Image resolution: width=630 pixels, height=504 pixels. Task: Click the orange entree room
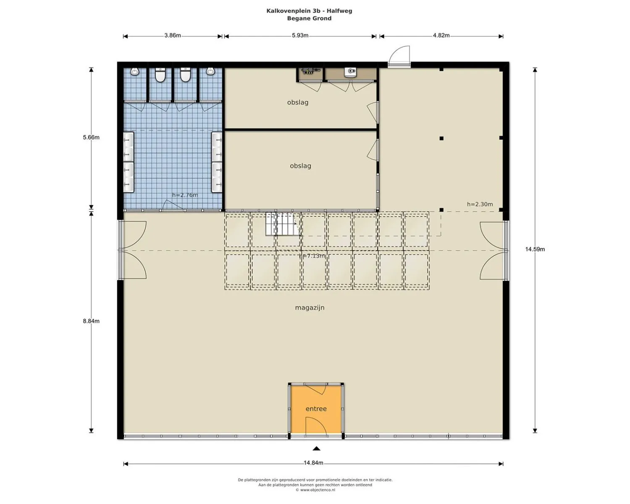click(316, 409)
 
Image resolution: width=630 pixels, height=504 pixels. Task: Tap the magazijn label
click(310, 307)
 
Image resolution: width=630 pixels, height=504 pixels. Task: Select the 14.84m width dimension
click(313, 463)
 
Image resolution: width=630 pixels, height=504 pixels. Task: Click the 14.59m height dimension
click(535, 249)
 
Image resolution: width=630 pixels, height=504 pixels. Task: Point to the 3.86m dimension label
click(172, 35)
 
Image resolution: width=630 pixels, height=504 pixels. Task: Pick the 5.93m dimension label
click(300, 35)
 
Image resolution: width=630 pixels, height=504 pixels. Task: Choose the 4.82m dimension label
click(441, 35)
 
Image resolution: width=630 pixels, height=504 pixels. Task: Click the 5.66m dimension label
click(91, 137)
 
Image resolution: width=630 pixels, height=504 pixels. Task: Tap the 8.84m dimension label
click(91, 321)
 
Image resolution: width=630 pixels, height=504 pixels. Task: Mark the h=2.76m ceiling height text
click(185, 195)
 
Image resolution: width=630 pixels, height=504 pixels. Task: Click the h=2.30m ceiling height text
click(480, 204)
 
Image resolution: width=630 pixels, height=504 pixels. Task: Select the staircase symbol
click(281, 224)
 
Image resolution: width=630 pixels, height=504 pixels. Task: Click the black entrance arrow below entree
click(316, 449)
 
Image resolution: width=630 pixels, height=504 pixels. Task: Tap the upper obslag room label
click(298, 102)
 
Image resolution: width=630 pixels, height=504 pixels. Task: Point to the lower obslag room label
click(300, 166)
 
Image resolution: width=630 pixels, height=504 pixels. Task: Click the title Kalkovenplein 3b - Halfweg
click(309, 11)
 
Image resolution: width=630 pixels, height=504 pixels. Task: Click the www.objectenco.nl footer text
click(315, 490)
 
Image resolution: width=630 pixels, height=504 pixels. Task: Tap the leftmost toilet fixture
click(135, 71)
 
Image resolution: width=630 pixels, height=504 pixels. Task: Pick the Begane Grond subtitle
click(309, 18)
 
